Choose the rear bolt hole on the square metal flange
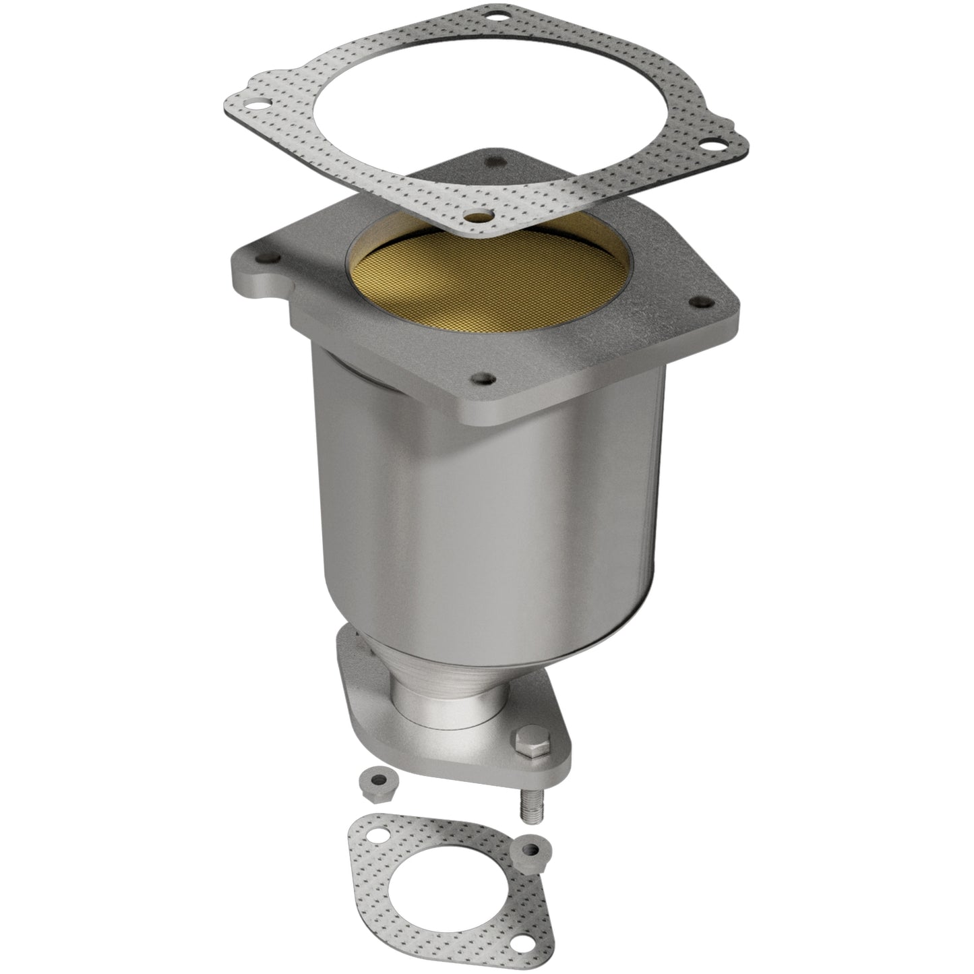[497, 161]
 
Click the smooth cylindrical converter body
[485, 526]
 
